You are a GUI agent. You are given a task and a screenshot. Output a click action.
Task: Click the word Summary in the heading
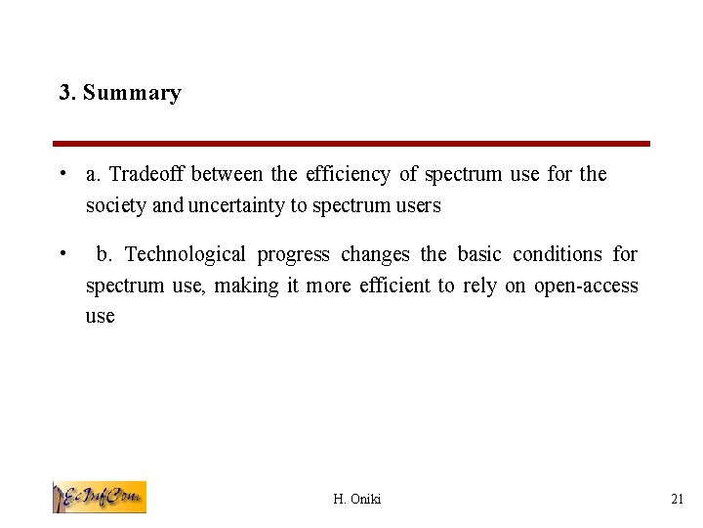(132, 94)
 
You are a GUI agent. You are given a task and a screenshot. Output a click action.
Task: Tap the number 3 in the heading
(64, 94)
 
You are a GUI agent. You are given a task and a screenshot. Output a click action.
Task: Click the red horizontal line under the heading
(351, 144)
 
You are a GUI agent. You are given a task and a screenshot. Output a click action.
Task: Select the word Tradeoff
(146, 174)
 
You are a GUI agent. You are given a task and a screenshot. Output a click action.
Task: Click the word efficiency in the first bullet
(348, 174)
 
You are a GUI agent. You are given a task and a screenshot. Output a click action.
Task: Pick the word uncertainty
(242, 205)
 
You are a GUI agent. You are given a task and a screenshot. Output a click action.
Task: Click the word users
(418, 205)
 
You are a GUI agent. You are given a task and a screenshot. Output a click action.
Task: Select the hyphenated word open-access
(586, 286)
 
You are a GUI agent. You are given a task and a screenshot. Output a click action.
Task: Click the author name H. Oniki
(357, 500)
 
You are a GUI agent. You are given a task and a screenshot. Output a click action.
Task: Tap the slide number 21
(678, 500)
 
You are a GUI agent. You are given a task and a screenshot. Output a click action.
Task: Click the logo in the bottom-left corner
(99, 497)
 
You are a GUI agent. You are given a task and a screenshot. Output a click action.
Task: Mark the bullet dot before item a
(62, 174)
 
